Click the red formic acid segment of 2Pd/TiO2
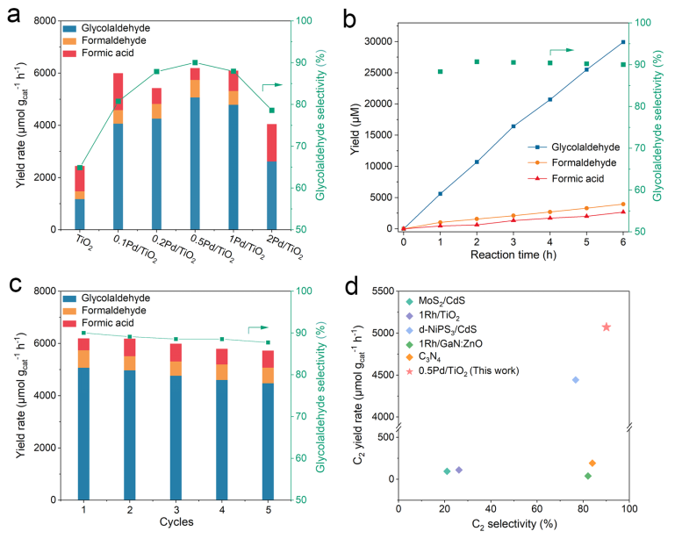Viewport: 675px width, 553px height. (x=272, y=142)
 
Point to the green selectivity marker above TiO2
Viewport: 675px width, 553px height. (x=79, y=168)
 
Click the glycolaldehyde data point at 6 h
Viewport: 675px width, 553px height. (x=623, y=42)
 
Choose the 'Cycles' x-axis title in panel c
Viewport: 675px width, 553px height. (x=176, y=523)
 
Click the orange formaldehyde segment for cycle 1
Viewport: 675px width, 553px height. (x=84, y=359)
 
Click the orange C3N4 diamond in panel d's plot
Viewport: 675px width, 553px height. (x=592, y=463)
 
